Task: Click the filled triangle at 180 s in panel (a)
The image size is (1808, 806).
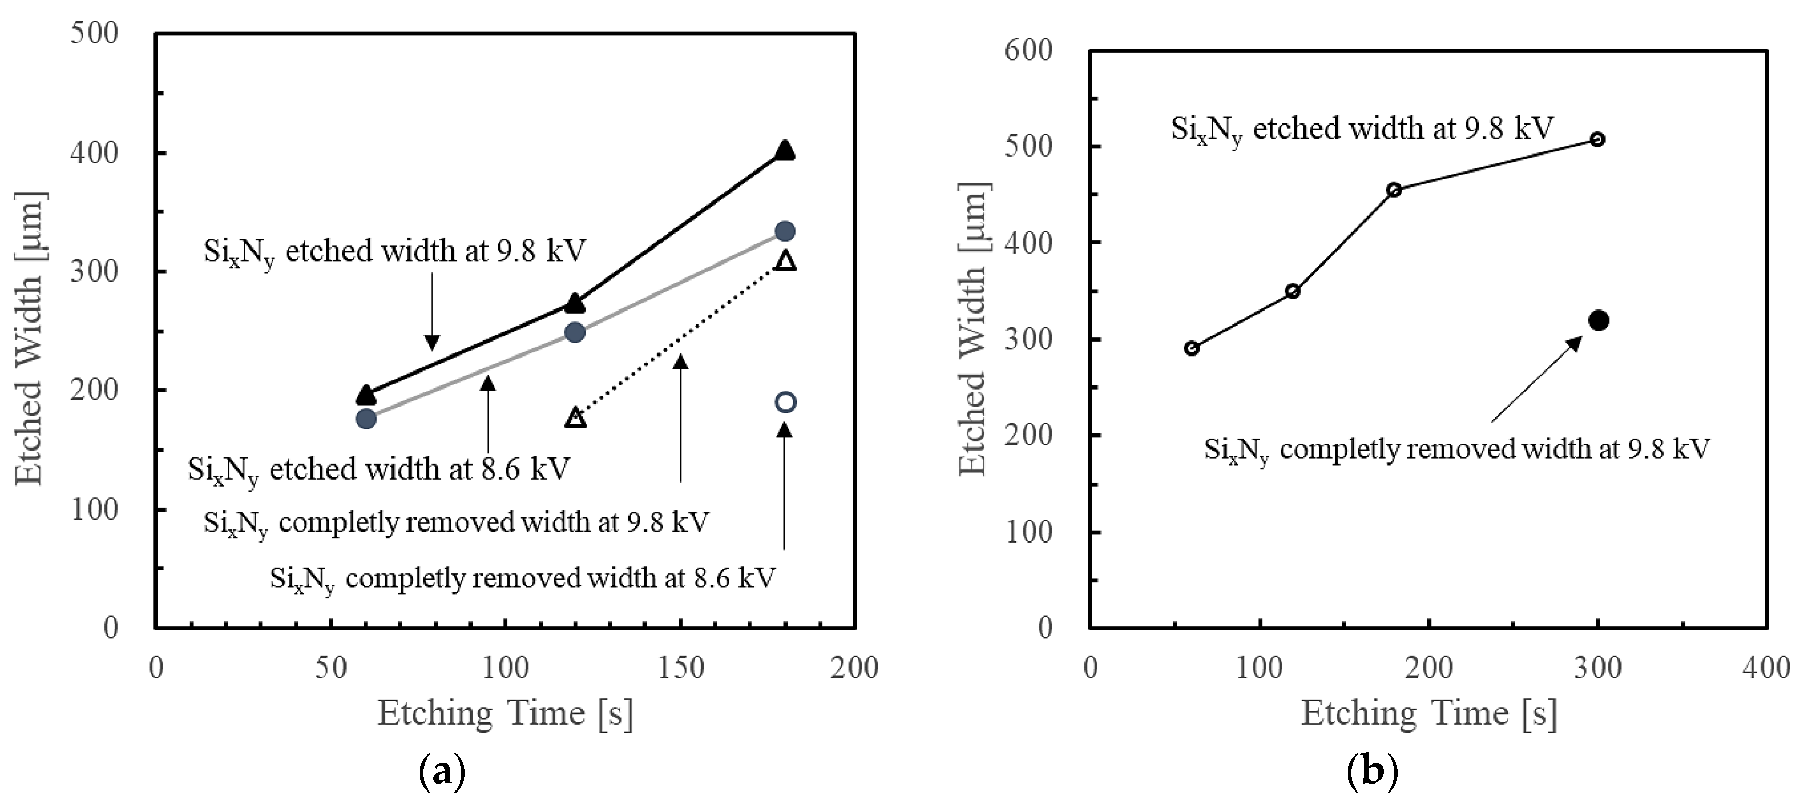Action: pos(785,150)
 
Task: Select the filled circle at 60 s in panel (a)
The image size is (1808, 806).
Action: pos(366,419)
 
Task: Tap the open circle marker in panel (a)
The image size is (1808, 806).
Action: pos(785,402)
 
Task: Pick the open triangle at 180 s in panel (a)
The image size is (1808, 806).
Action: pos(785,261)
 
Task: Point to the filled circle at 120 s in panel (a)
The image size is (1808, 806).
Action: pos(575,332)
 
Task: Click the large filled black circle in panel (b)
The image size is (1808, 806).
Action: pos(1598,321)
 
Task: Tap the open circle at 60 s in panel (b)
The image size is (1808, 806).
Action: pos(1191,348)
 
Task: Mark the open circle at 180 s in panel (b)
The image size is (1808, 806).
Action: pos(1394,190)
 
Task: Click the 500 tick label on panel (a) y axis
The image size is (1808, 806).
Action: pos(94,33)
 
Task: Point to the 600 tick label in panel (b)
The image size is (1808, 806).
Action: pos(1028,51)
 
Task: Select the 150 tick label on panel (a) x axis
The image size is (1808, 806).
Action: pos(680,668)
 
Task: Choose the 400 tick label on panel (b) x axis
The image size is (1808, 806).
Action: pos(1766,668)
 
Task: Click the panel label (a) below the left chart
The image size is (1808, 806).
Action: pos(442,772)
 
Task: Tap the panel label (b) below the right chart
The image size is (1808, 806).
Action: pos(1373,772)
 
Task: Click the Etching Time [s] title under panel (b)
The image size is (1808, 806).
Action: pos(1429,714)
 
